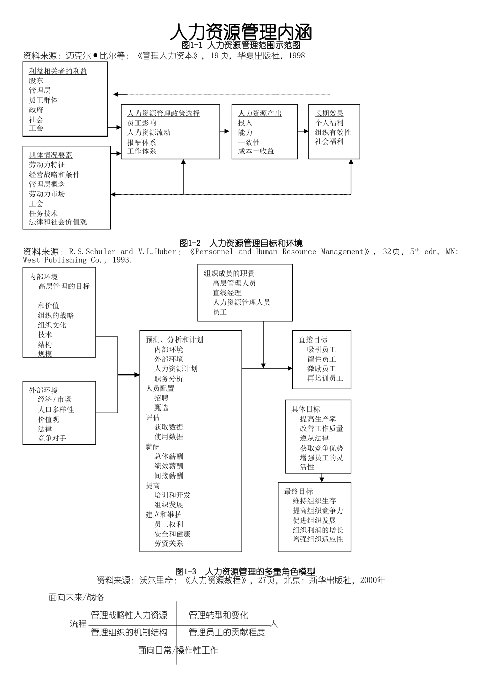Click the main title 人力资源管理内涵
[240, 31]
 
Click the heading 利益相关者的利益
[58, 71]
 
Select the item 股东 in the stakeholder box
[36, 81]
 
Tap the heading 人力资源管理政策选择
[163, 113]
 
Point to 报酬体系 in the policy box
[142, 142]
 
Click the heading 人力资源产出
[260, 113]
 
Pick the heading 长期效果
[329, 113]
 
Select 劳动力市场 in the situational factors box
[47, 194]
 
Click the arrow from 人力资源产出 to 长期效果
[303, 131]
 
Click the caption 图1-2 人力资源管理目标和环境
[241, 243]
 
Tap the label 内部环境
[43, 277]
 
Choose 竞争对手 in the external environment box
[52, 438]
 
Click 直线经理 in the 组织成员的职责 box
[227, 293]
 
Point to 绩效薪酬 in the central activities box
[168, 466]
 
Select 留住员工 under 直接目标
[321, 359]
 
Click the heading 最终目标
[298, 491]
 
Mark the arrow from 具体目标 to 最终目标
[322, 478]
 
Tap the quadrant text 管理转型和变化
[218, 615]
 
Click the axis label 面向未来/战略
[76, 597]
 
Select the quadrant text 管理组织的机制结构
[129, 632]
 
